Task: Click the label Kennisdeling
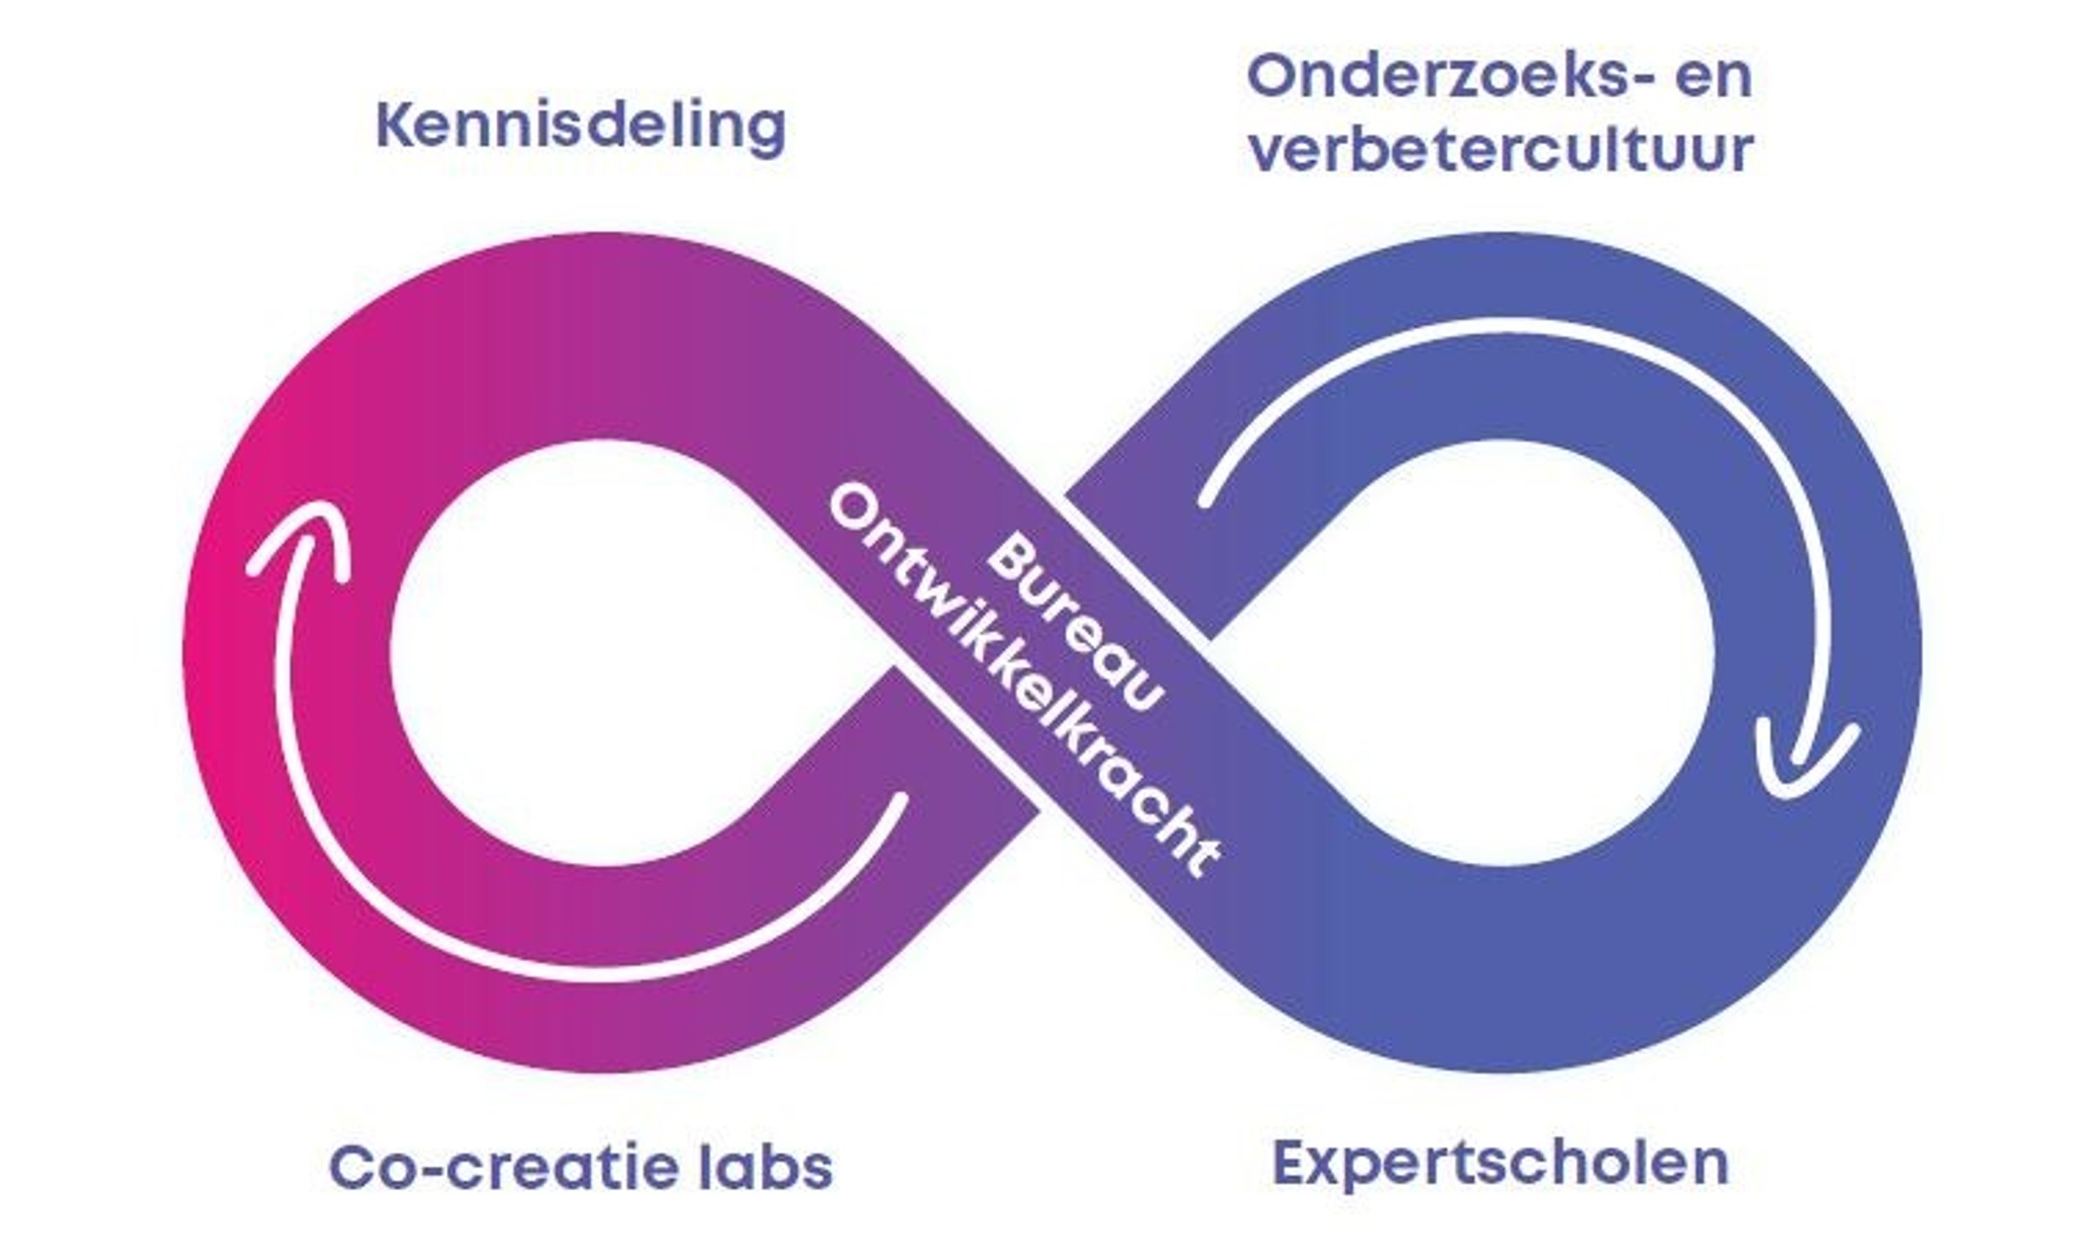(x=580, y=128)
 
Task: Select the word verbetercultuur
(x=1500, y=151)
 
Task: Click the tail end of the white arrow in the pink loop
(x=900, y=800)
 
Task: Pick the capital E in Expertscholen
(x=1292, y=1163)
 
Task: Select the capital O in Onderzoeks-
(x=1273, y=77)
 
